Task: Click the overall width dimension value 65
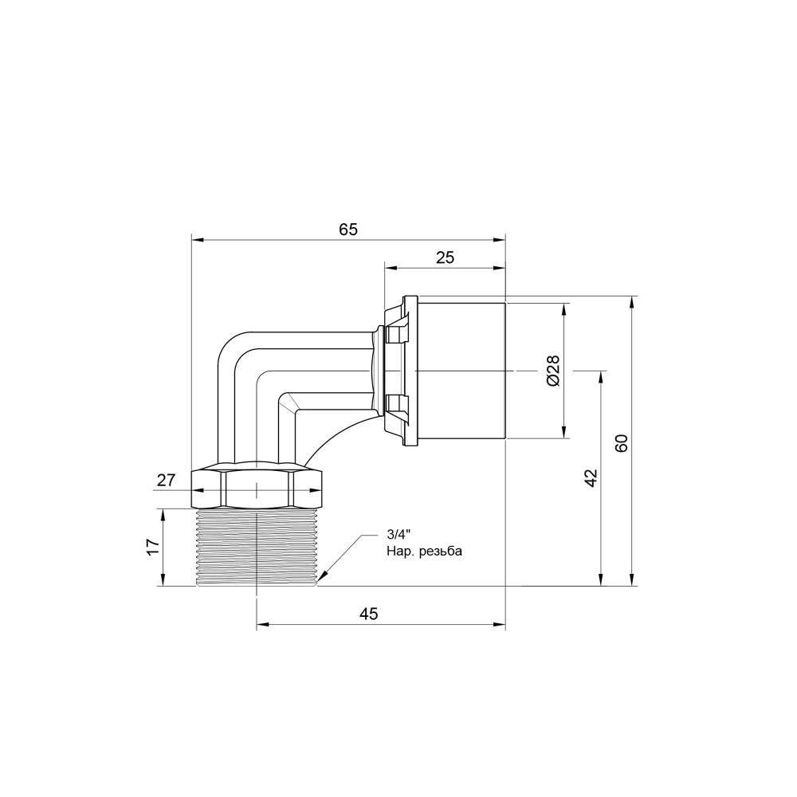tap(348, 230)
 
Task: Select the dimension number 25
tap(445, 257)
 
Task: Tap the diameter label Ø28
tap(554, 371)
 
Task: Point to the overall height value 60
tap(622, 443)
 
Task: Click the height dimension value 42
tap(591, 478)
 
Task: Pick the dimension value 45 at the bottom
tap(367, 614)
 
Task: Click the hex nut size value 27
tap(166, 480)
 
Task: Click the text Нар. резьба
tap(423, 552)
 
